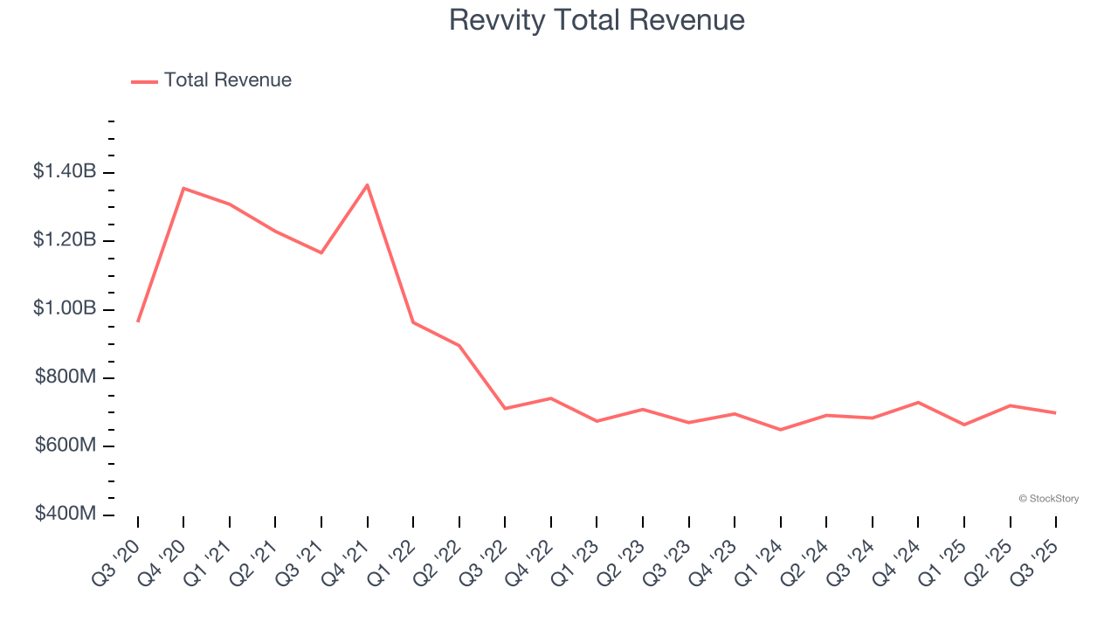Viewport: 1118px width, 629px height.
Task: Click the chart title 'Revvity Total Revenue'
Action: [x=597, y=20]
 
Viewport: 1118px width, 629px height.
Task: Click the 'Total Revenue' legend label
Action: [x=227, y=80]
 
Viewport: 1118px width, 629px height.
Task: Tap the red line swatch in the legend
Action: [x=144, y=81]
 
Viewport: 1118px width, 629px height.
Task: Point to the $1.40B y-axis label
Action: [x=65, y=172]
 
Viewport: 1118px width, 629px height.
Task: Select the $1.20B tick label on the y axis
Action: [x=65, y=240]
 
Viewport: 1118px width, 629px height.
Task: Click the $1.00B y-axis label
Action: [x=65, y=309]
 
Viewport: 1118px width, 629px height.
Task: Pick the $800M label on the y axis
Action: [x=66, y=377]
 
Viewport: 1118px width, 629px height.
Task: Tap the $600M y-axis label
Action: [x=66, y=446]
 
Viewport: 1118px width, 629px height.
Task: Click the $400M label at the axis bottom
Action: [x=66, y=514]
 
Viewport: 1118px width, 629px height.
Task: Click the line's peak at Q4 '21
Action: [x=367, y=184]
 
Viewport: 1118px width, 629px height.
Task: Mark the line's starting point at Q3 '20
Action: [x=138, y=321]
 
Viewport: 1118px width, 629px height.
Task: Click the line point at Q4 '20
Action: [x=183, y=188]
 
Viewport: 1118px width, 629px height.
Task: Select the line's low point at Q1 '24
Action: [x=780, y=430]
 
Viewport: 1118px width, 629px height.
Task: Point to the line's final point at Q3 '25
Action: [x=1055, y=412]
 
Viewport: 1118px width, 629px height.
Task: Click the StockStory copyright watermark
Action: [x=1048, y=499]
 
